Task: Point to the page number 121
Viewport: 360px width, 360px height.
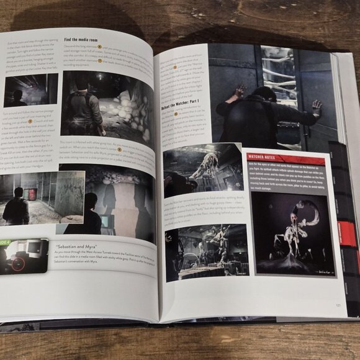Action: (x=338, y=305)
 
